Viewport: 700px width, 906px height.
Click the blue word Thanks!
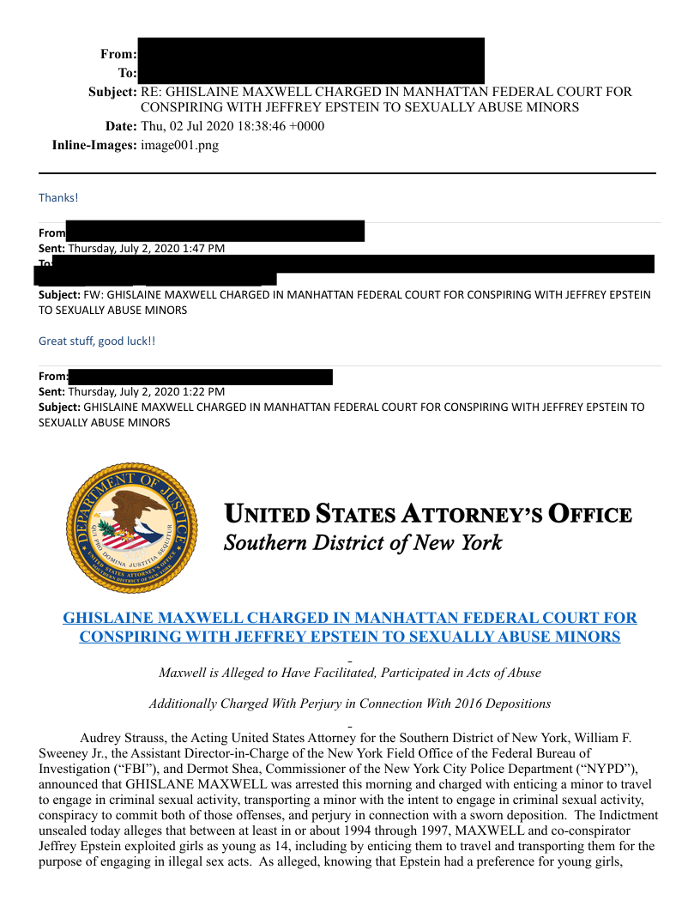[58, 198]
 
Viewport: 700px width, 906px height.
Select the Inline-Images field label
[94, 145]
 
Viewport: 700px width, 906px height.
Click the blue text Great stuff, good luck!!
[97, 341]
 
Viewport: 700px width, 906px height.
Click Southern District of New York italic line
[362, 543]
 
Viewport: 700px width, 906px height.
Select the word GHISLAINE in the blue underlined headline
[109, 618]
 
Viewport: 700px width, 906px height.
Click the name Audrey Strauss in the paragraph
[120, 737]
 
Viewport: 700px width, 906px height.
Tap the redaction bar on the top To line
[311, 74]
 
